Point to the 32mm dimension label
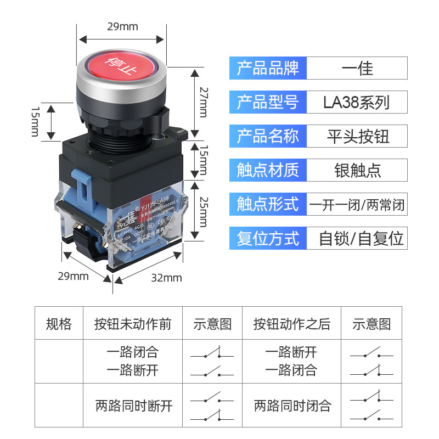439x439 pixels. (166, 278)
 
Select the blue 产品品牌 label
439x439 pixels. (268, 68)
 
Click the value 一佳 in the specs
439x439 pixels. (357, 68)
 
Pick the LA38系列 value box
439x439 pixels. (357, 102)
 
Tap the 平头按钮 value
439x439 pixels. (357, 136)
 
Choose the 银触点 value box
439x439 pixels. (357, 170)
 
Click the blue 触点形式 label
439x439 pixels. (268, 204)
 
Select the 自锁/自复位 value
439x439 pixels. (361, 238)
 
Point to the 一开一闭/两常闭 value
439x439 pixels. (357, 204)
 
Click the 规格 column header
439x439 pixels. (59, 324)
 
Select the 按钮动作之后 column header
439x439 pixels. (291, 324)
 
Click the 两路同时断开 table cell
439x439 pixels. (133, 406)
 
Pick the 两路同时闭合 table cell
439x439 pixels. (292, 406)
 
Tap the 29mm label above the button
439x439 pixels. (121, 26)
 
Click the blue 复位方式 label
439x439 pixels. (268, 238)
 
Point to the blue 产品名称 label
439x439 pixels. (268, 136)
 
